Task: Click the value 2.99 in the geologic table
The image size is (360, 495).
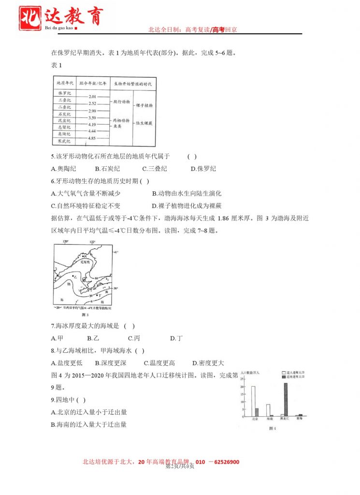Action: coord(92,111)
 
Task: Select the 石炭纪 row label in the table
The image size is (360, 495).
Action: coord(64,114)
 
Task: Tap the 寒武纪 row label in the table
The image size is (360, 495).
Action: coord(64,141)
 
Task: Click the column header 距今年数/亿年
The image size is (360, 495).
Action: coord(92,83)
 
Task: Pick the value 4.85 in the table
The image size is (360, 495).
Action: coord(92,138)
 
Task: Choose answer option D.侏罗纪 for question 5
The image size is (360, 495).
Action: coord(203,169)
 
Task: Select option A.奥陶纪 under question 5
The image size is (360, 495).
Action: coord(63,169)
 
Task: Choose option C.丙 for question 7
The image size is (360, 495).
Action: coord(134,338)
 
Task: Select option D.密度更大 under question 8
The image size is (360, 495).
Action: coord(208,363)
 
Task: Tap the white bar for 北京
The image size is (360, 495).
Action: coord(253,401)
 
